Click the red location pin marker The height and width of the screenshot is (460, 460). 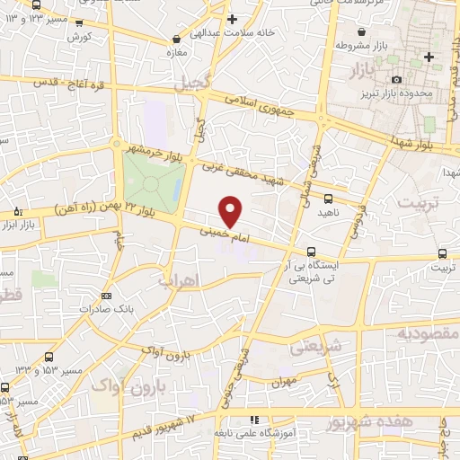click(x=231, y=211)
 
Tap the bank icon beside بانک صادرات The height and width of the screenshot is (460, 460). click(x=107, y=295)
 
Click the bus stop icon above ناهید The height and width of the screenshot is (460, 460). click(x=328, y=199)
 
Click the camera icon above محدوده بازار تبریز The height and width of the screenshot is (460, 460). click(x=397, y=79)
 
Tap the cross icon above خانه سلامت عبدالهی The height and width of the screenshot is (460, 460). click(x=232, y=19)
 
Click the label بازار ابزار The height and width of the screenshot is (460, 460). click(x=28, y=223)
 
